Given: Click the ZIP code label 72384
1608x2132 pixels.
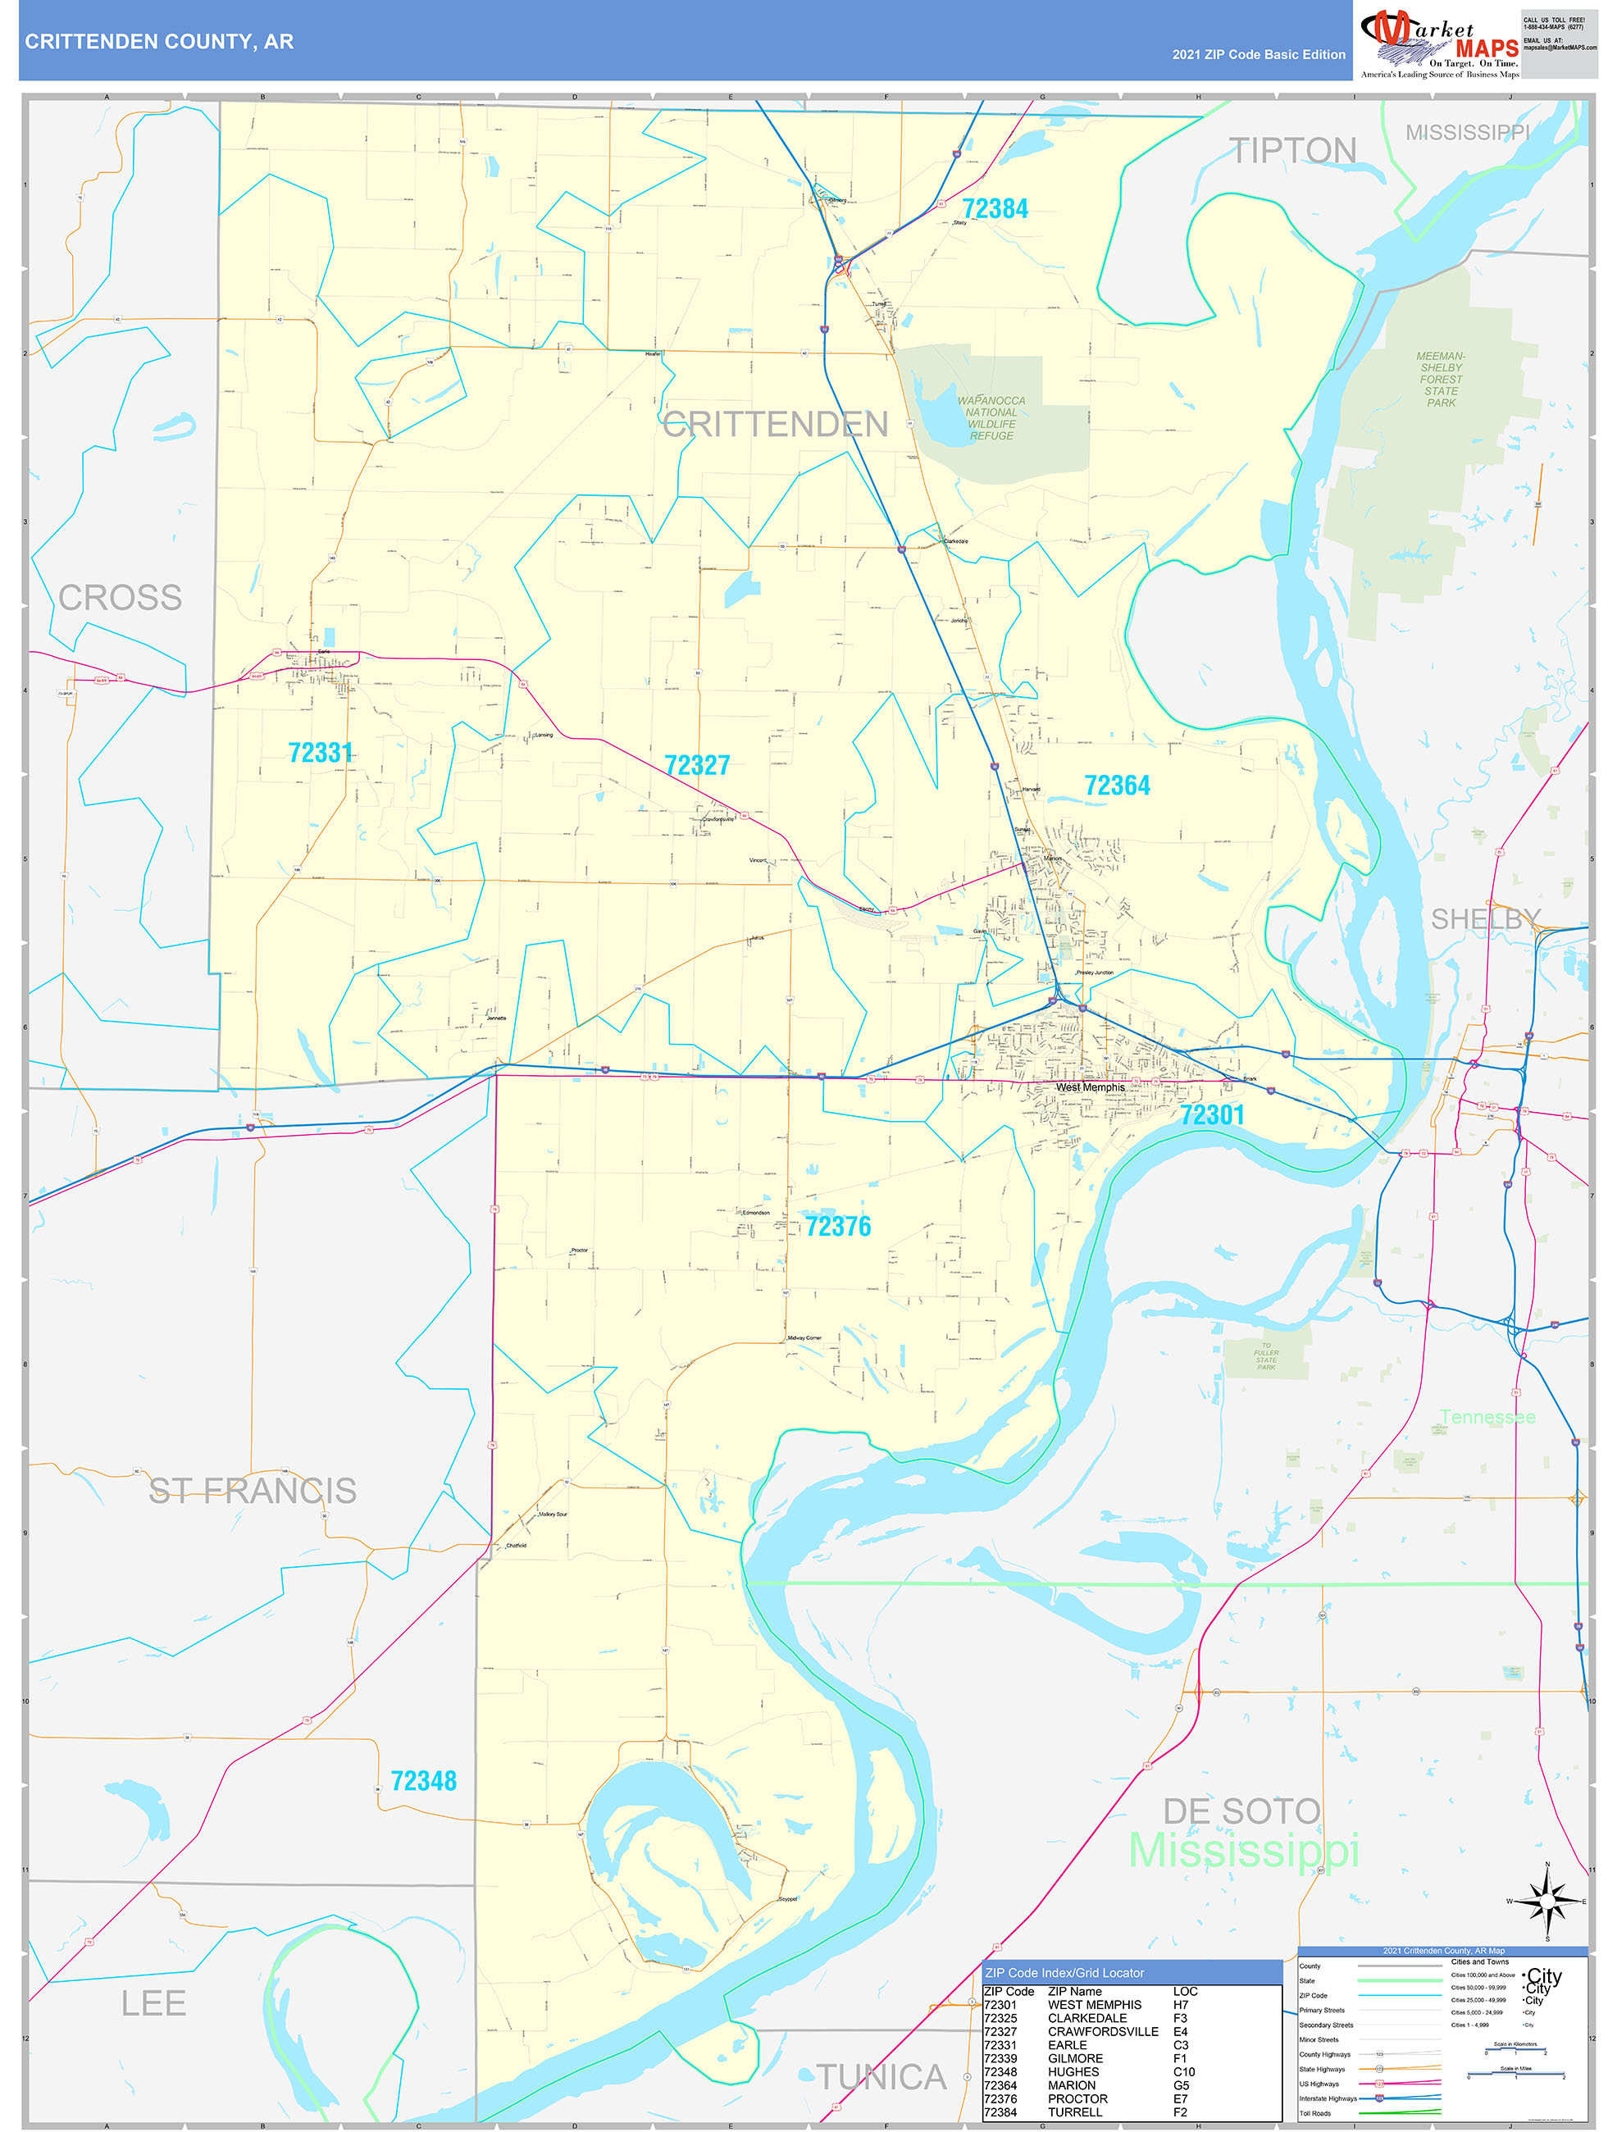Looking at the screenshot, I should [995, 209].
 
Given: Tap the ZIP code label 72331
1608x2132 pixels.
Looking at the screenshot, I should [320, 753].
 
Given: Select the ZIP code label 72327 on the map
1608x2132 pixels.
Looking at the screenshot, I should [697, 765].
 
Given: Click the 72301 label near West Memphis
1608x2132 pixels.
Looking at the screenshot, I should [1212, 1115].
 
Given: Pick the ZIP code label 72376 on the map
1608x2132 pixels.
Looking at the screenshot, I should [838, 1226].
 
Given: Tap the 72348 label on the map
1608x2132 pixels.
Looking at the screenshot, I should [423, 1781].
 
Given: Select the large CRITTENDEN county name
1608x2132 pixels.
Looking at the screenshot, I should [775, 424].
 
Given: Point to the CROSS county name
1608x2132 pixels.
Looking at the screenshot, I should [120, 598].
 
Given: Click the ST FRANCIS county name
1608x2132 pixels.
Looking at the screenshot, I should [253, 1491].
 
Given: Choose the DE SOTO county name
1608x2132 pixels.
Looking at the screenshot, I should [1241, 1811].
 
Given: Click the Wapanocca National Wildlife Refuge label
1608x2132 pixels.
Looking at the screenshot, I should [991, 418].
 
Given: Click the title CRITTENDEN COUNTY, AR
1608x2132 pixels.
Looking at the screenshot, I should [159, 42].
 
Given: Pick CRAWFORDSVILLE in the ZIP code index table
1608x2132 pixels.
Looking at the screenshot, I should [1103, 2031].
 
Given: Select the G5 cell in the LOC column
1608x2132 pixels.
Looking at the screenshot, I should [1181, 2084].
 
